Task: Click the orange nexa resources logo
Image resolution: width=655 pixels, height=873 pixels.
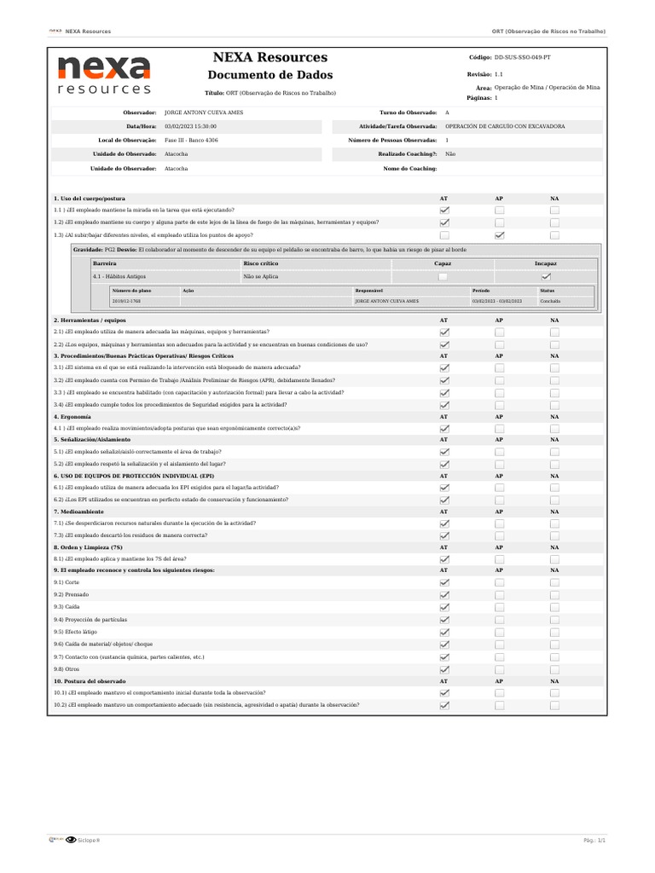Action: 104,75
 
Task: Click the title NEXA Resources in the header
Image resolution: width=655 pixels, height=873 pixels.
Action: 270,57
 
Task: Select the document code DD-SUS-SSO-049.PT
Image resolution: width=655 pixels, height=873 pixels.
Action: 522,57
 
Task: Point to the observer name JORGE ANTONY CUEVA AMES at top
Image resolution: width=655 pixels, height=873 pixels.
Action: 203,113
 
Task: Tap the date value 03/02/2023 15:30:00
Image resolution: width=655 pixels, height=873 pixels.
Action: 190,126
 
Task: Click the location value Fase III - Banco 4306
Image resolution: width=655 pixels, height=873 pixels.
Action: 191,140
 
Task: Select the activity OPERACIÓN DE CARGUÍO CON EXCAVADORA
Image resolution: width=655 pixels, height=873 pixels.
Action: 505,126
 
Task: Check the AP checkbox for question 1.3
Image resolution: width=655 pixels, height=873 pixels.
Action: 499,234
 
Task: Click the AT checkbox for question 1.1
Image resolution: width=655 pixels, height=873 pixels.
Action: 444,210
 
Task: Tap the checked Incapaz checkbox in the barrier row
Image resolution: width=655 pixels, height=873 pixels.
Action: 546,276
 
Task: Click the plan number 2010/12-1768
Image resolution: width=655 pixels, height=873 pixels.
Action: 126,301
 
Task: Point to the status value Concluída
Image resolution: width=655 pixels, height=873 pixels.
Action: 550,301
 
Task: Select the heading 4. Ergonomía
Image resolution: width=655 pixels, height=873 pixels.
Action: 72,417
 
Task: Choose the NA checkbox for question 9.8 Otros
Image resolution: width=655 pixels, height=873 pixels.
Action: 554,670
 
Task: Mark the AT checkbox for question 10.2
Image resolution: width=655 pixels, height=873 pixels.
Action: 444,705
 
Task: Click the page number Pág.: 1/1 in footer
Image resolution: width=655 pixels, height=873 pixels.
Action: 594,840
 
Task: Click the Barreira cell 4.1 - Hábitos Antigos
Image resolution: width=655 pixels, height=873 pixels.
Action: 119,276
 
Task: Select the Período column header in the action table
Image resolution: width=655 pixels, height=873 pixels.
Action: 481,291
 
